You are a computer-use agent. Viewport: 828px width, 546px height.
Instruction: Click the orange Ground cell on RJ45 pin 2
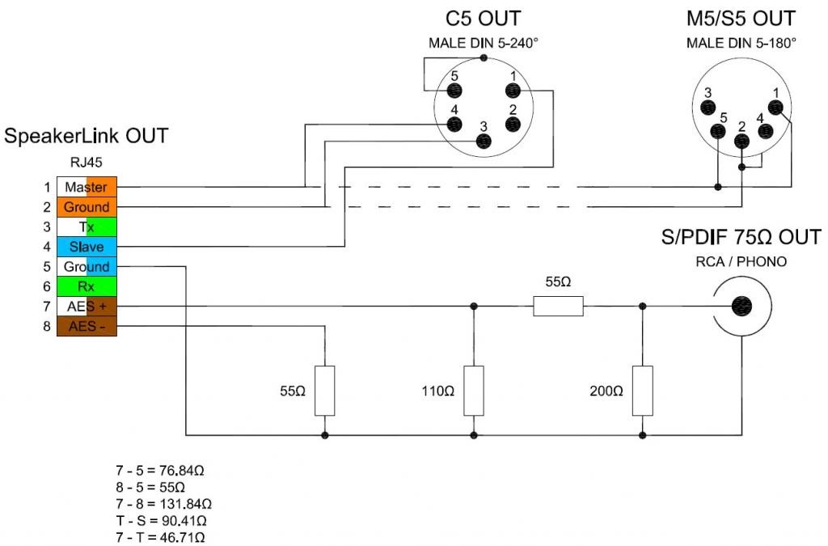[87, 207]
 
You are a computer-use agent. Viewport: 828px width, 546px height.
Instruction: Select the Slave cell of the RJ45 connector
[87, 247]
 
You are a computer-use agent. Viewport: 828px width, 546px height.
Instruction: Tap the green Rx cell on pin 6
[87, 286]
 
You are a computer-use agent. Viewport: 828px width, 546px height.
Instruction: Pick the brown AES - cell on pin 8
[87, 326]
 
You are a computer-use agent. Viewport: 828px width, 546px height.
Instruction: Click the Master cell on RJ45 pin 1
[87, 187]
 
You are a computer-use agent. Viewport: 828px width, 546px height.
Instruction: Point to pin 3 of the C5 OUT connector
[484, 141]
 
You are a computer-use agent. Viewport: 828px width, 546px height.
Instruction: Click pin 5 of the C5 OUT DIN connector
[454, 91]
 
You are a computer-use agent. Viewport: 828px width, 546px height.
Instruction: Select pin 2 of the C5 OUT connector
[513, 124]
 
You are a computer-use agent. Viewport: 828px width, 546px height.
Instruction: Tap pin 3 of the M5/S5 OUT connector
[708, 108]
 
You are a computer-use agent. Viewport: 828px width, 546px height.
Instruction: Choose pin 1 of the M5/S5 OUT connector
[775, 108]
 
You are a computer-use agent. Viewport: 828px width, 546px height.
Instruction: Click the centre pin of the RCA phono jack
[742, 306]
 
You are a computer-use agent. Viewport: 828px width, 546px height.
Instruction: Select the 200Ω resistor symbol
[643, 391]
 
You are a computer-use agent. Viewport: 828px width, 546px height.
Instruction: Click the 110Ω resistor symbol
[474, 391]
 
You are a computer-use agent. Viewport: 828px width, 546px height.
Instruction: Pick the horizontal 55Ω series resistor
[558, 307]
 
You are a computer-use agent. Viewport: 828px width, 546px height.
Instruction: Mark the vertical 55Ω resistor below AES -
[325, 391]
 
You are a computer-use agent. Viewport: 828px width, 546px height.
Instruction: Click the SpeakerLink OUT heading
[86, 136]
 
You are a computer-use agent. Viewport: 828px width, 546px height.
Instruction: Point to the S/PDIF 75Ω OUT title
[741, 237]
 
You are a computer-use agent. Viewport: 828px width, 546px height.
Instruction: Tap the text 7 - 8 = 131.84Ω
[163, 504]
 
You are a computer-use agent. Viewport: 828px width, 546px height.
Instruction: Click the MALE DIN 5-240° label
[484, 43]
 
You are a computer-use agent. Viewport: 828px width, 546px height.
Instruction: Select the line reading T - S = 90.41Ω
[161, 521]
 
